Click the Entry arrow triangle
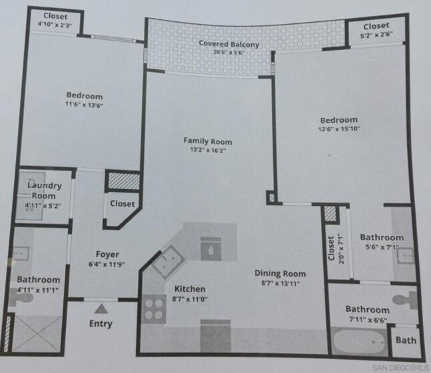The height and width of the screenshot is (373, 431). click(101, 308)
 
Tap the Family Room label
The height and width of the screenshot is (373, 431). click(208, 141)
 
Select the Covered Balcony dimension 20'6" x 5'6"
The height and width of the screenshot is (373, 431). click(229, 52)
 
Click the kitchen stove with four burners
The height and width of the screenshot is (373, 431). click(154, 309)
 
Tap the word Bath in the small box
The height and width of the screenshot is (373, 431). click(406, 340)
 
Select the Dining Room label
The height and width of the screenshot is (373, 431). click(280, 274)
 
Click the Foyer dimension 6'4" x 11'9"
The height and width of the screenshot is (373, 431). click(107, 264)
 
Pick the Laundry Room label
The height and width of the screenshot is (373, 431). click(44, 190)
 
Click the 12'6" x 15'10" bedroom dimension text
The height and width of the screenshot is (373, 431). click(339, 129)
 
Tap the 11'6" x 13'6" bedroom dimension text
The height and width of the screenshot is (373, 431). click(84, 105)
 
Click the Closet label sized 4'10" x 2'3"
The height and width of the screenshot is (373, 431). click(55, 16)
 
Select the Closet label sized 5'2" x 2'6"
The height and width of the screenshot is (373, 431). click(376, 26)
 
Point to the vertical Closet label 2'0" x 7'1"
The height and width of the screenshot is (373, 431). click(331, 248)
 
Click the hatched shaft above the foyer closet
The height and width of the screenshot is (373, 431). click(123, 181)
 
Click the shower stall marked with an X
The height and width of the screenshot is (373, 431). click(37, 334)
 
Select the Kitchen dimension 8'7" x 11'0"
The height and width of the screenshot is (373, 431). click(190, 299)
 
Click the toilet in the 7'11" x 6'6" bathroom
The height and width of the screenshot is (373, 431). click(405, 300)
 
